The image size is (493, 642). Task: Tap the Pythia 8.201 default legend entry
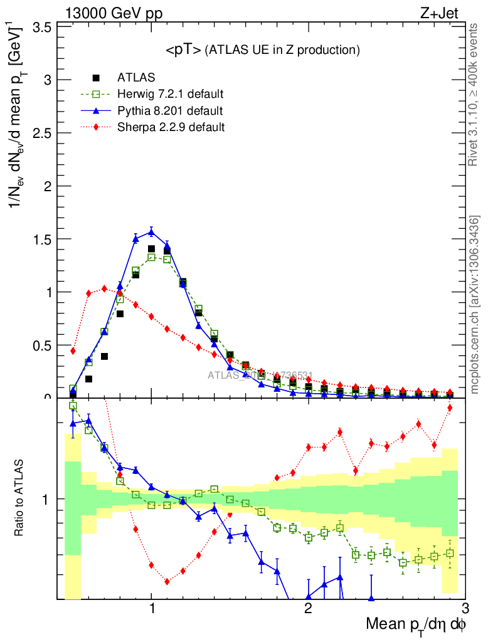click(x=169, y=111)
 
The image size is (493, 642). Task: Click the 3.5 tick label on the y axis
click(x=43, y=27)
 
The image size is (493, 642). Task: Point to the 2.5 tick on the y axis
click(x=43, y=133)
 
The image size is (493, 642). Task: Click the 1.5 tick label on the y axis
click(x=43, y=239)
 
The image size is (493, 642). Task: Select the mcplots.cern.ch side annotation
click(x=475, y=304)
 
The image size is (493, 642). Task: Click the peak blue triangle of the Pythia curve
click(x=151, y=232)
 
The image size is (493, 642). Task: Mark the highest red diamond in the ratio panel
click(x=450, y=408)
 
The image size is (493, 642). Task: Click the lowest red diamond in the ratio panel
click(x=167, y=581)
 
